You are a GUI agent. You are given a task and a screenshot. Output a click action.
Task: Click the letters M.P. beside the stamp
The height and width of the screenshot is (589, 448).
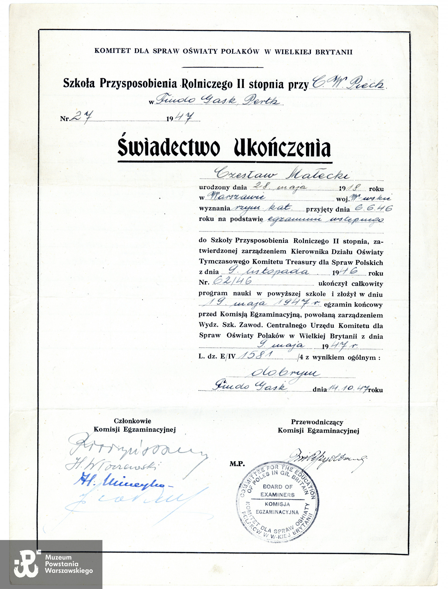pos(237,464)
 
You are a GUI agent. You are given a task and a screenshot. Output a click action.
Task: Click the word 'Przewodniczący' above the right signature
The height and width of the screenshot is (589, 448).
pos(317,422)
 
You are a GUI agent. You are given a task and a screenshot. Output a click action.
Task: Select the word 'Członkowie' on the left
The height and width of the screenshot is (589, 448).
pos(133,421)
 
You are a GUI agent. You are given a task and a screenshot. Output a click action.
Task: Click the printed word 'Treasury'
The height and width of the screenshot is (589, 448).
pos(301,262)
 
